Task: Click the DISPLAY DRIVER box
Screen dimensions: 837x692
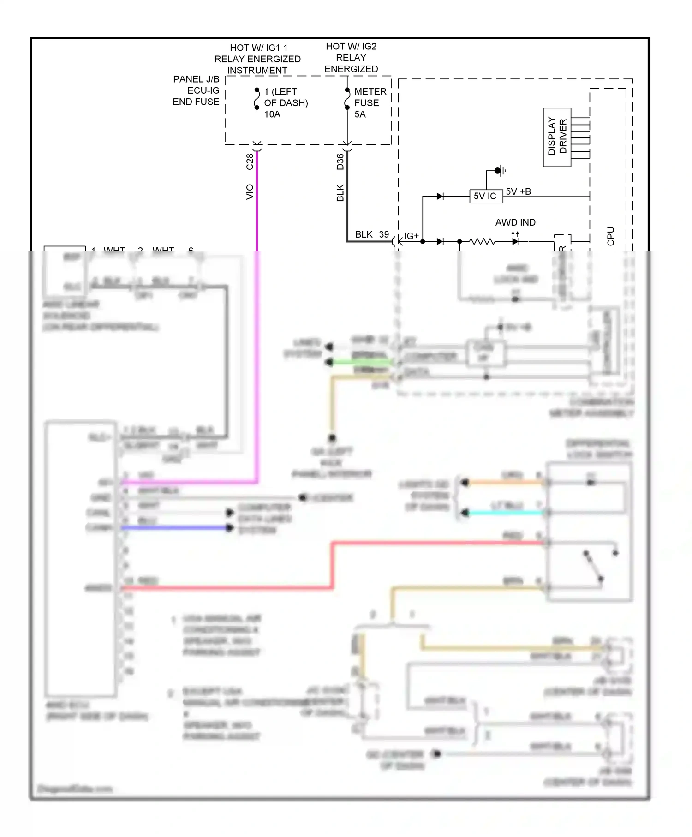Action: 557,137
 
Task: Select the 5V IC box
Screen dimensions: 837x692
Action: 485,196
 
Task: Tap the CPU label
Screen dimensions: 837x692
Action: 611,236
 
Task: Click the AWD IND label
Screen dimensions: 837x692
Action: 515,222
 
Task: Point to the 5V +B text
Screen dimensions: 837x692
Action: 518,191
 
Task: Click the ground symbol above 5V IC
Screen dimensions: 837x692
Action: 499,171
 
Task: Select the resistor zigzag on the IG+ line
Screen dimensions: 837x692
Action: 482,241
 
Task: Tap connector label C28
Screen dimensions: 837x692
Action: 250,161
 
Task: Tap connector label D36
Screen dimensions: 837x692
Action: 340,161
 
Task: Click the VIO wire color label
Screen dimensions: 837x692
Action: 250,191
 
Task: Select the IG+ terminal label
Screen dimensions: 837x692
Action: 411,236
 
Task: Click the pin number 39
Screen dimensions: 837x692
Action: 384,234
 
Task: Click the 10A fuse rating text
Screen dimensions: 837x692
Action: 272,114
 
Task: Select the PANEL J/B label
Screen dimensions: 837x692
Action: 196,79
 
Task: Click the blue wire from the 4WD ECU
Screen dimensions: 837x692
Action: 175,527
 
